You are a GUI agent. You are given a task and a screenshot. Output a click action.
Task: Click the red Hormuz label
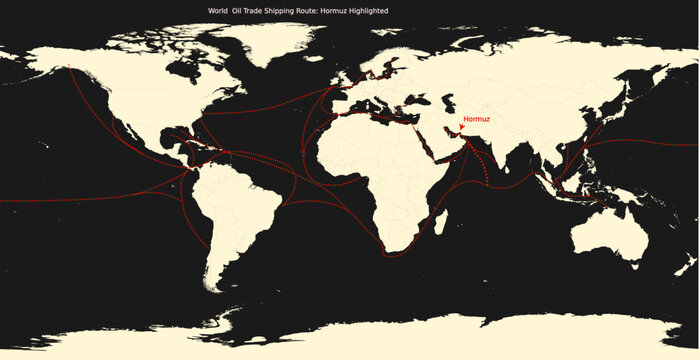(x=477, y=119)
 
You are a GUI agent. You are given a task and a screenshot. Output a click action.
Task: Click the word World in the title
(x=217, y=10)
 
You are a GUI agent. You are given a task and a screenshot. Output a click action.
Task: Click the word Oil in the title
(x=238, y=10)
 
